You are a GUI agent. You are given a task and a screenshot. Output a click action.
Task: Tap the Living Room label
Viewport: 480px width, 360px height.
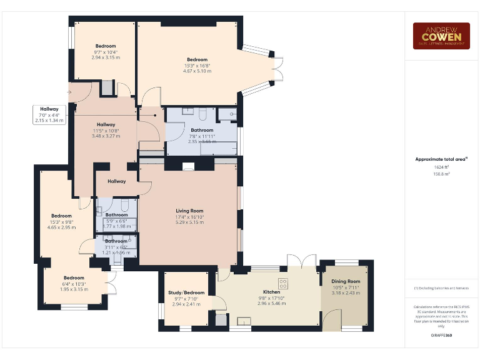coord(189,211)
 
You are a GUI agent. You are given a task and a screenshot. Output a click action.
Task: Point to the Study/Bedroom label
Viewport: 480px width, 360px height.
coord(186,292)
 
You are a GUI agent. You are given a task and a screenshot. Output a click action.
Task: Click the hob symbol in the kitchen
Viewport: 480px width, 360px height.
coord(282,283)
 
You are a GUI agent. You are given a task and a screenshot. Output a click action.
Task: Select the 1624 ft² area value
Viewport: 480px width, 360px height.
coord(442,167)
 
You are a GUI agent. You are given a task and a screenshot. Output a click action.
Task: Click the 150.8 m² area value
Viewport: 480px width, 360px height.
coord(442,174)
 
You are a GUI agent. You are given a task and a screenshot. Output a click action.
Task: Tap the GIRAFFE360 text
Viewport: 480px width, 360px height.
coord(442,336)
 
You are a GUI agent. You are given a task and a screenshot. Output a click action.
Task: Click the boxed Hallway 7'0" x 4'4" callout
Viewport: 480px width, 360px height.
coord(49,115)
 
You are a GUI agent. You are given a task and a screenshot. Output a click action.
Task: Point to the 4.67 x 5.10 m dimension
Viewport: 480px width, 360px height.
coord(197,71)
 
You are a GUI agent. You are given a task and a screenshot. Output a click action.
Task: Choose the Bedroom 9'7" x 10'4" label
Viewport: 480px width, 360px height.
coord(106,46)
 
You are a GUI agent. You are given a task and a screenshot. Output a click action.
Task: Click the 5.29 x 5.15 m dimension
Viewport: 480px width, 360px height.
coord(189,222)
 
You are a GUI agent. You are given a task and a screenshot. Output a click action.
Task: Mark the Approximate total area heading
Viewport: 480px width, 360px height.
coord(442,159)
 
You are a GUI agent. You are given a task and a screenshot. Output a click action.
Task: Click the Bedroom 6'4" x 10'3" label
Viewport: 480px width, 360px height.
coord(74,278)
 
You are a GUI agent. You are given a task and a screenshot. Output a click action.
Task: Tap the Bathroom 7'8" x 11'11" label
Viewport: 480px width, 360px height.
coord(202,130)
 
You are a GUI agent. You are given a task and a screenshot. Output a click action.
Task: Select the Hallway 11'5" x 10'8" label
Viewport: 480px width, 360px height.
coord(106,124)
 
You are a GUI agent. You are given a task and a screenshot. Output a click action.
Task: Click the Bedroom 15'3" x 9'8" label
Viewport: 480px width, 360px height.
coord(61,216)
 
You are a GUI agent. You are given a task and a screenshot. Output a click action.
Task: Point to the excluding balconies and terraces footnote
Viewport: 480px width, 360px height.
coord(442,287)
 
